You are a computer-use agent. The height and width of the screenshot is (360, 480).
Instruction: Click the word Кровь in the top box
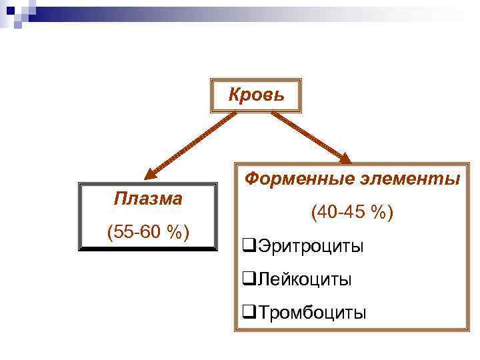click(x=257, y=95)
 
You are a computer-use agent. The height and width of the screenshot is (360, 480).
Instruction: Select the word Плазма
click(x=148, y=198)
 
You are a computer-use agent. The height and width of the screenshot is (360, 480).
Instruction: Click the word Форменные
click(x=297, y=179)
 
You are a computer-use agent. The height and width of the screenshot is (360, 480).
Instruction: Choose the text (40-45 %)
click(x=353, y=213)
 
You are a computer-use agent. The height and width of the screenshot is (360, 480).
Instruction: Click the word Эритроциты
click(x=310, y=246)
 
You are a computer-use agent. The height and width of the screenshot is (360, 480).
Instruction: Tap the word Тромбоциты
click(x=311, y=312)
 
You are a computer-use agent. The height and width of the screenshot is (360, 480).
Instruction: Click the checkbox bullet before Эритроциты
click(x=249, y=246)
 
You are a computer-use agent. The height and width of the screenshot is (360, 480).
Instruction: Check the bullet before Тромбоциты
click(x=249, y=312)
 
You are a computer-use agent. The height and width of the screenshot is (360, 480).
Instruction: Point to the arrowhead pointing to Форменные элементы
click(x=345, y=158)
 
